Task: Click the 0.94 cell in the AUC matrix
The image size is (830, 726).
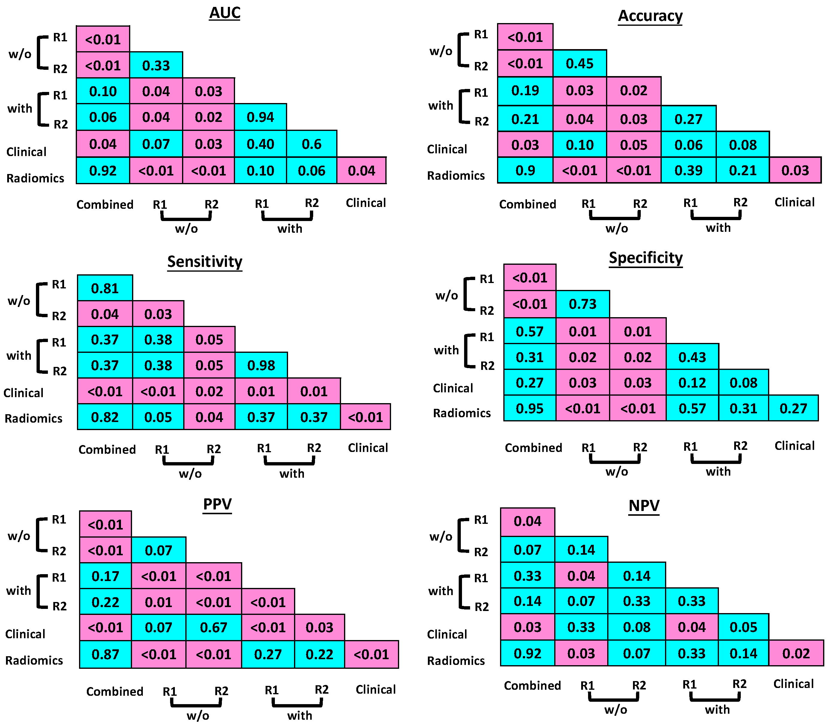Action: (260, 117)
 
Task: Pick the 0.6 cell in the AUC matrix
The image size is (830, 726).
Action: (311, 144)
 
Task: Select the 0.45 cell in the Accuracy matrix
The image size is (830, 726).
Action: (579, 63)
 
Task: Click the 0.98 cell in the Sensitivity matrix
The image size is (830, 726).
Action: (261, 365)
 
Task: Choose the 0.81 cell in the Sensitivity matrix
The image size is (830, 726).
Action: (105, 288)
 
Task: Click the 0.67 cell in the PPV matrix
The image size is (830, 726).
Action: (213, 627)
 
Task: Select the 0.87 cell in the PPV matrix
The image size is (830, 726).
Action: (105, 654)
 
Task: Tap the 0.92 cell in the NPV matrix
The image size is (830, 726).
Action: (527, 653)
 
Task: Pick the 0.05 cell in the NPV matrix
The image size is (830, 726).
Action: (743, 627)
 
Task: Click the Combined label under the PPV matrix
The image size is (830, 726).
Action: (115, 691)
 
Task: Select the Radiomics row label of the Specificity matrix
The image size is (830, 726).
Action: (462, 413)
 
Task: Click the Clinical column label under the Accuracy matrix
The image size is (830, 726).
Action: (794, 202)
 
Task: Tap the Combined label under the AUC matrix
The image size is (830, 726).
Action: (105, 204)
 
